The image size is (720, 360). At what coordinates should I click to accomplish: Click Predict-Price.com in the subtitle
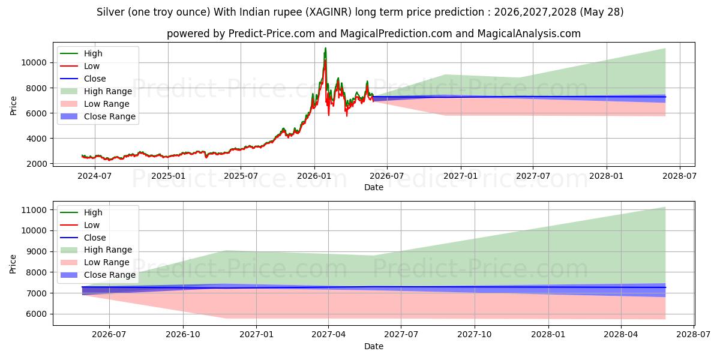272,34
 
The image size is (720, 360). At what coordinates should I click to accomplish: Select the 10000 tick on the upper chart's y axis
34,62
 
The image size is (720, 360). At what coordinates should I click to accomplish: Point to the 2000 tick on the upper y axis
37,164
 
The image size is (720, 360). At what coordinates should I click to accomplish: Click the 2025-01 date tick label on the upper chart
168,176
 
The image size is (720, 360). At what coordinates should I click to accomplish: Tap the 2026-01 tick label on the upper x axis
314,176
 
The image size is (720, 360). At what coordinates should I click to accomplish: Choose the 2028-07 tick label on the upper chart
680,176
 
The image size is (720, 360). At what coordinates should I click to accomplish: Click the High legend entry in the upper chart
93,53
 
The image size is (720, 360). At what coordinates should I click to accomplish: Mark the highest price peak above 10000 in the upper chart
325,49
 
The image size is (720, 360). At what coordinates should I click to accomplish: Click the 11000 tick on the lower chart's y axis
34,210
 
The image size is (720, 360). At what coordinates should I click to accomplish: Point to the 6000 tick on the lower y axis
37,314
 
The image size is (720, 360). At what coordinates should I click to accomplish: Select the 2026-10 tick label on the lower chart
183,335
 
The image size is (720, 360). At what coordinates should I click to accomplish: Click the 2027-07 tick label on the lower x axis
401,335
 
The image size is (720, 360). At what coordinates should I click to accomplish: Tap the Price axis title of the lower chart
13,264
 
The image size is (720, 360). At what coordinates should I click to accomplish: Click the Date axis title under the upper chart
373,187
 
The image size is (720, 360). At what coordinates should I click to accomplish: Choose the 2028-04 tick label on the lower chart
621,335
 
